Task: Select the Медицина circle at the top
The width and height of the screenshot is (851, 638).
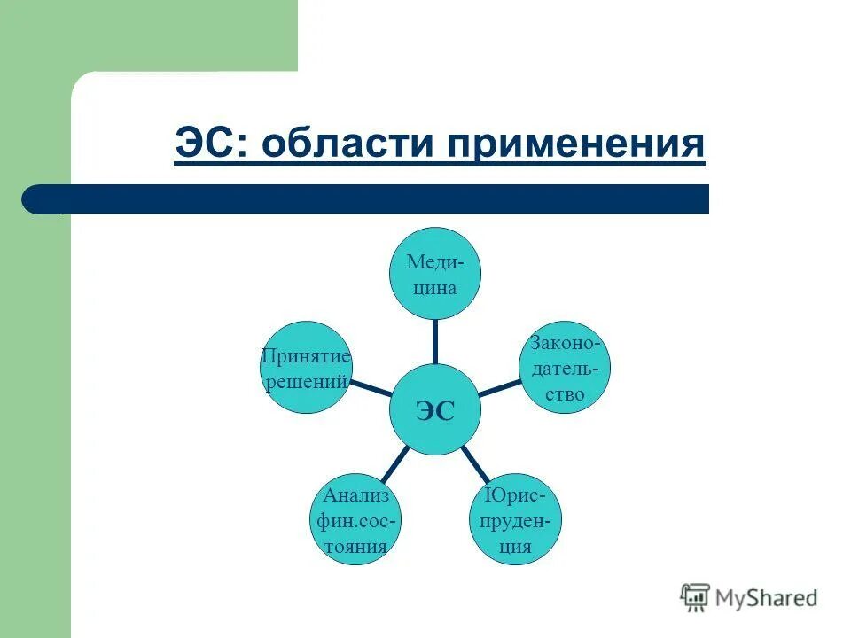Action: click(x=434, y=273)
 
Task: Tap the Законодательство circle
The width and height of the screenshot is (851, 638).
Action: click(x=564, y=368)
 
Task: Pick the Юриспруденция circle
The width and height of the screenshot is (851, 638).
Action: click(x=513, y=521)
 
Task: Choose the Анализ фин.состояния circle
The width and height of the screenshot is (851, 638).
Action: click(x=355, y=521)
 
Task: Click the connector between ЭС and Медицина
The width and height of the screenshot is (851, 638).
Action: click(x=434, y=341)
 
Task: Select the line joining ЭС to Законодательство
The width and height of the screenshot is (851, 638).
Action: click(x=499, y=388)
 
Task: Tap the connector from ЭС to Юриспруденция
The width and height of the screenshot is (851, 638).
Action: click(x=474, y=463)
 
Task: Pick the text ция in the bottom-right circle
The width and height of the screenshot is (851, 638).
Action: click(x=513, y=546)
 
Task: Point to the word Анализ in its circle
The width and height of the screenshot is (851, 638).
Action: click(x=355, y=496)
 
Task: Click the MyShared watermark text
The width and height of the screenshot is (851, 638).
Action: click(x=768, y=598)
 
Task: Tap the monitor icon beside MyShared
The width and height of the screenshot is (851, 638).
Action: click(x=696, y=598)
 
